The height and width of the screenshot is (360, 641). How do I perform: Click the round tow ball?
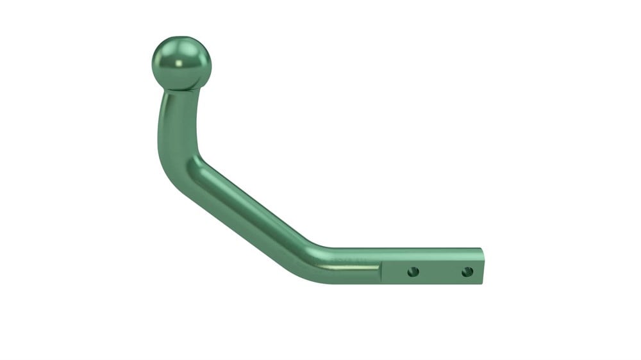point(181,63)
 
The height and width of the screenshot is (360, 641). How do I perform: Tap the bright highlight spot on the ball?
point(174,61)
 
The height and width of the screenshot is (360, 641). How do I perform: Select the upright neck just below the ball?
point(179,106)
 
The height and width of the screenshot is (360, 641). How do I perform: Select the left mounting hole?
point(413,272)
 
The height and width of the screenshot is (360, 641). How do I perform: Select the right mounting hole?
point(467,272)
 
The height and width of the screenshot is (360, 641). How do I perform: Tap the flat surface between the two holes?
point(440,272)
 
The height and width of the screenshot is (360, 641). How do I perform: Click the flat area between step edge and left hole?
point(396,272)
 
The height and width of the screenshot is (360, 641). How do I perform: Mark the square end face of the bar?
point(481,265)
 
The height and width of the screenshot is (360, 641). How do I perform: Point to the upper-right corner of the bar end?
point(482,249)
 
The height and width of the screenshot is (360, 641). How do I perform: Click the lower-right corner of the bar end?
point(482,282)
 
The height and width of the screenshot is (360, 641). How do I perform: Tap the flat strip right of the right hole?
point(477,272)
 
